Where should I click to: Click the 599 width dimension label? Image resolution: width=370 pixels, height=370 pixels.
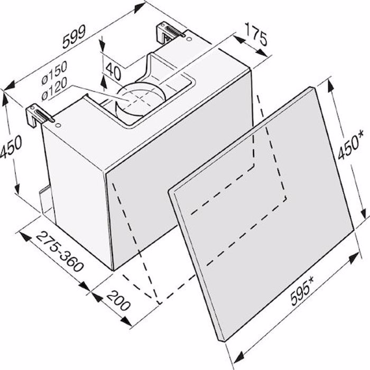tap(73, 36)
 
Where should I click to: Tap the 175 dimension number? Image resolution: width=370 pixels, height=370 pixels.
tap(255, 34)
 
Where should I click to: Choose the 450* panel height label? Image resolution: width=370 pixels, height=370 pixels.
tap(349, 144)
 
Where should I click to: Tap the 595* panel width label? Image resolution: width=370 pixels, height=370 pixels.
tap(302, 291)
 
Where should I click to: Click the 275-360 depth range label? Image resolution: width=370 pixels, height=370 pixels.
tap(59, 252)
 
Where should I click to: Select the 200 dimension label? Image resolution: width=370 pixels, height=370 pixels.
tap(118, 301)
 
